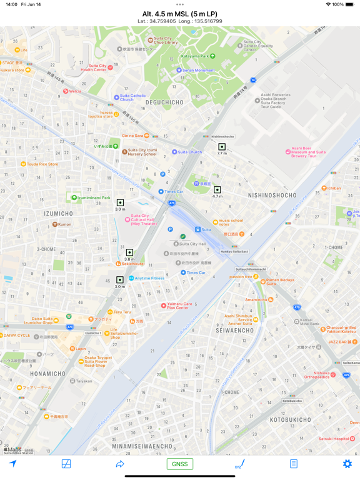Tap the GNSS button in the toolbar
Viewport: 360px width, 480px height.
179,464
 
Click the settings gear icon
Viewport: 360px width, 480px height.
347,464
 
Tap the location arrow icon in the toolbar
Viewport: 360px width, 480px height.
13,464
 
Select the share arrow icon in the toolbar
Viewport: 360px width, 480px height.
120,464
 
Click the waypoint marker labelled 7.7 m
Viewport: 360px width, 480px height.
222,147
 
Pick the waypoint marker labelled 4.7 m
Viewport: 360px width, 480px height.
217,190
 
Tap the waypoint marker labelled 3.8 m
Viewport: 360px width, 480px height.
129,253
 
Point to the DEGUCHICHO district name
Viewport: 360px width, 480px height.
164,102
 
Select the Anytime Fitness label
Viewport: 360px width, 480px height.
149,278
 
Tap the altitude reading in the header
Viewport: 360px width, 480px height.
179,14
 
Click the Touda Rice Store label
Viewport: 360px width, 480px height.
42,164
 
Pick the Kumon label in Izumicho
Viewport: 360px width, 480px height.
64,224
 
